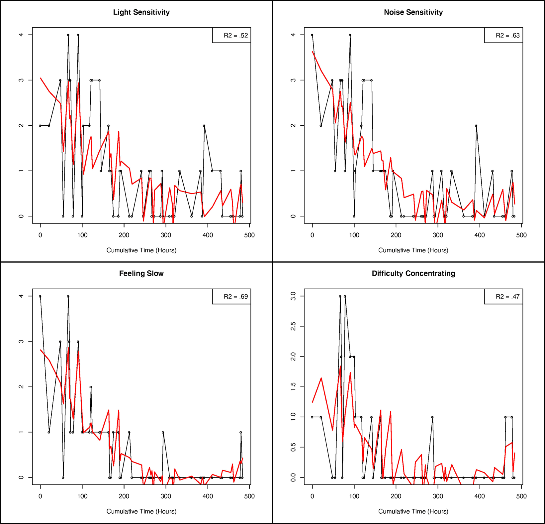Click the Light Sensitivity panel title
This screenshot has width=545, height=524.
click(x=141, y=12)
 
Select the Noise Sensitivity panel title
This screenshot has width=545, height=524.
click(x=413, y=12)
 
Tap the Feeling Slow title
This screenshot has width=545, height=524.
click(x=141, y=273)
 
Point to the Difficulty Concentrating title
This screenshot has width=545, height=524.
click(x=413, y=273)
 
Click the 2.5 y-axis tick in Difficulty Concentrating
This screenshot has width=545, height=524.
click(x=293, y=326)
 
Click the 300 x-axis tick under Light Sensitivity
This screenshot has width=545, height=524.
click(x=166, y=235)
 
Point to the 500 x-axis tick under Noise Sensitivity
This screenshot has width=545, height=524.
click(x=521, y=235)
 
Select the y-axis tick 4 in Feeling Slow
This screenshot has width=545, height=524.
click(x=21, y=296)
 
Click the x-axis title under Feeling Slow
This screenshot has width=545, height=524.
click(x=141, y=511)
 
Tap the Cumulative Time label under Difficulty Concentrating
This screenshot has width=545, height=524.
click(x=413, y=511)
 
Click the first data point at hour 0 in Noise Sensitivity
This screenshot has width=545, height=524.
click(x=312, y=35)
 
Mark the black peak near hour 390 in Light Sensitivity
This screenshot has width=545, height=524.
click(x=204, y=126)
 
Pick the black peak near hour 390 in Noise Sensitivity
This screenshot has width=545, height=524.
click(x=476, y=126)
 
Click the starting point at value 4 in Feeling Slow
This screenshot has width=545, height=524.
click(x=40, y=296)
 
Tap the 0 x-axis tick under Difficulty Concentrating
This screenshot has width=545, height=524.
click(x=312, y=496)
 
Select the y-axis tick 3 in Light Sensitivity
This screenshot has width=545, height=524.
click(x=21, y=80)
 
